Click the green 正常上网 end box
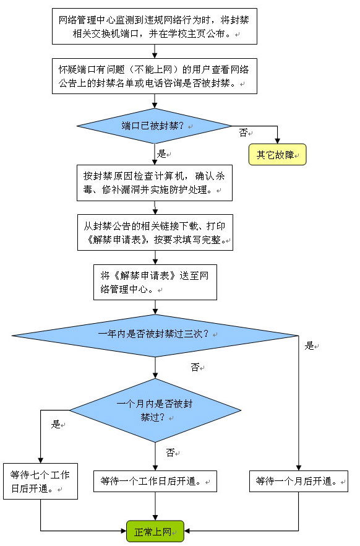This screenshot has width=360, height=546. click(155, 531)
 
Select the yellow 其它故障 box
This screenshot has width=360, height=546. click(277, 154)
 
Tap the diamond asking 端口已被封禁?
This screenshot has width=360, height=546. click(155, 126)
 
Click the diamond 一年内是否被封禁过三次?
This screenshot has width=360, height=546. click(155, 336)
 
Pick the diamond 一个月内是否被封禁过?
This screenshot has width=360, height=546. click(155, 410)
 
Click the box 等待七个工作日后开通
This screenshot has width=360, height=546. click(40, 481)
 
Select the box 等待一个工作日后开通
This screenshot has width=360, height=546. click(155, 481)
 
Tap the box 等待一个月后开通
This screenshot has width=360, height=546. click(298, 481)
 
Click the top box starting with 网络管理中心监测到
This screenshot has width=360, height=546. click(155, 27)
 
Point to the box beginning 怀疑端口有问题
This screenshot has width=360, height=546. click(155, 76)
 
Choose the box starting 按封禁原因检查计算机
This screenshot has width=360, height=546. click(155, 183)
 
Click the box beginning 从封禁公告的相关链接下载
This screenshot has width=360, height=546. click(155, 232)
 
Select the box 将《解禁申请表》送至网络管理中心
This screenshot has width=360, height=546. click(155, 282)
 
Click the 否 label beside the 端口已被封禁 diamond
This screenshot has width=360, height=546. click(244, 132)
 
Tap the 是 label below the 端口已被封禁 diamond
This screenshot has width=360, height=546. click(161, 154)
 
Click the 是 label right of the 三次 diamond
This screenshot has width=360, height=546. click(309, 346)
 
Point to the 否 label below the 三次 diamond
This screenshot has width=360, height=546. click(195, 367)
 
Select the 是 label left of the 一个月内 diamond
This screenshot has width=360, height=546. click(56, 424)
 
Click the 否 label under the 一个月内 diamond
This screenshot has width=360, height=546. click(171, 453)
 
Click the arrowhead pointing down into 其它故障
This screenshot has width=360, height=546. click(277, 141)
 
